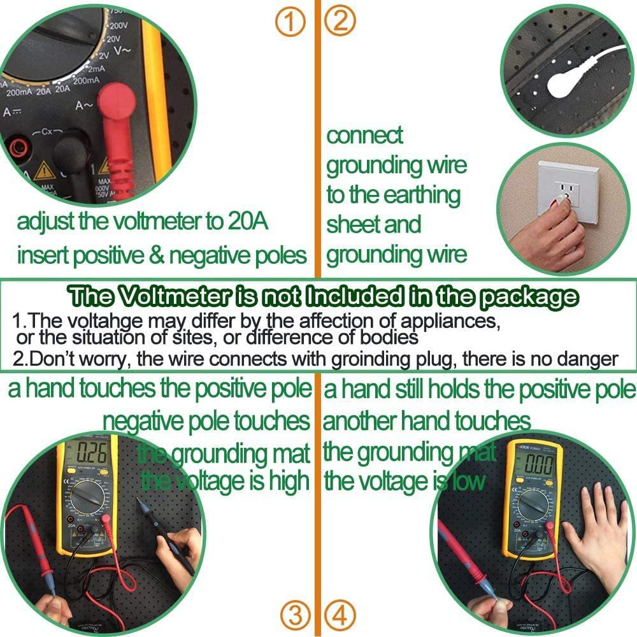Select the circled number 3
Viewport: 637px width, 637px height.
[x=295, y=615]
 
